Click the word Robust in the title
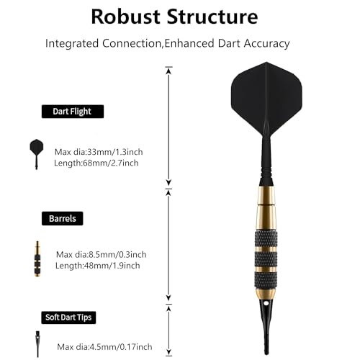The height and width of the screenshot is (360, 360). (126, 17)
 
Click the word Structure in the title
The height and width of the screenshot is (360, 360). (212, 17)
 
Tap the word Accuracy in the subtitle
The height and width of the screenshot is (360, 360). (267, 43)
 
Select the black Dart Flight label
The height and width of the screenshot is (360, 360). (73, 112)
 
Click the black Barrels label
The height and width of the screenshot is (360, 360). (63, 218)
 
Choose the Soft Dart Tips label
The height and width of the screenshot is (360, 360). (68, 318)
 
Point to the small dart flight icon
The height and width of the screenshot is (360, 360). (37, 154)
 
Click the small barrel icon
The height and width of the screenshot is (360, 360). (37, 258)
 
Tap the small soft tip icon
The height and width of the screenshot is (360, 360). (37, 344)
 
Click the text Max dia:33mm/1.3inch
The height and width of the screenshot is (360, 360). (99, 152)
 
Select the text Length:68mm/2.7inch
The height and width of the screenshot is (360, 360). (96, 163)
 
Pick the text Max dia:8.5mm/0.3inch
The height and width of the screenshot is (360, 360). (101, 254)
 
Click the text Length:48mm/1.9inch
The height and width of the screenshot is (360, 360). (97, 266)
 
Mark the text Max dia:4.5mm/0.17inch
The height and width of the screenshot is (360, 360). (104, 347)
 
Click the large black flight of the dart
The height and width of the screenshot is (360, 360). (266, 99)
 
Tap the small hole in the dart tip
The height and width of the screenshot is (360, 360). (266, 303)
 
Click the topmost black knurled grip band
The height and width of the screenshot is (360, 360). (266, 238)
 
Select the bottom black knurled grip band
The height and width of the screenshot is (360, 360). (266, 281)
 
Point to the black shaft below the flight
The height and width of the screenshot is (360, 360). (266, 163)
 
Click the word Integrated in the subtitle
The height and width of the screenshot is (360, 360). (72, 43)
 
